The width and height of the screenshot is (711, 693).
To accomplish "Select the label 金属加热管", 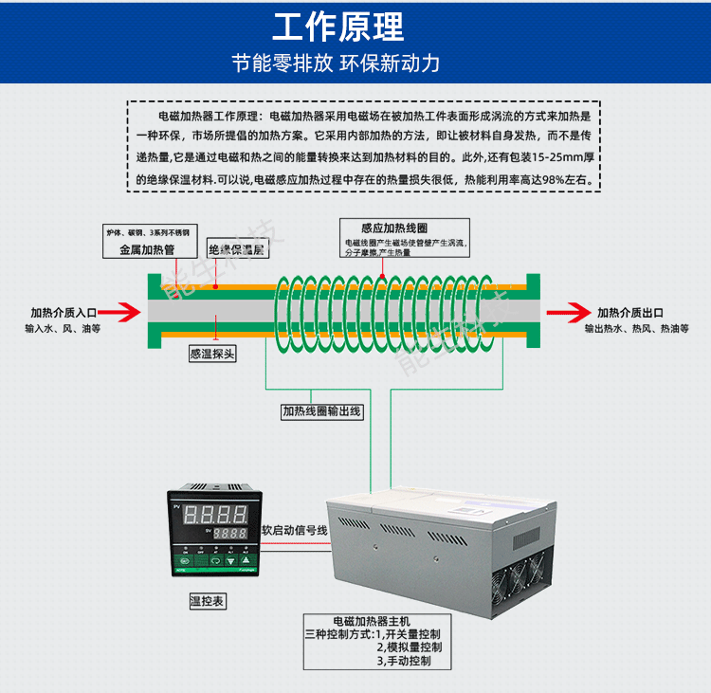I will click(x=147, y=250).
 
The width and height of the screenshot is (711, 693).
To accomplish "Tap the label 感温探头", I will click(x=212, y=354).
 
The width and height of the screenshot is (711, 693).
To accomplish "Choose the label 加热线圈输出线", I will click(x=321, y=411).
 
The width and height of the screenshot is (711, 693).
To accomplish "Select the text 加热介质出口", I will click(x=629, y=312).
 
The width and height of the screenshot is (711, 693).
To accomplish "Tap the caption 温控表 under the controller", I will click(x=208, y=601).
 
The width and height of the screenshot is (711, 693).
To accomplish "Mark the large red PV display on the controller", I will click(x=215, y=516).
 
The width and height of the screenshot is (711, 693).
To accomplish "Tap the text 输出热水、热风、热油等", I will click(x=636, y=328).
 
